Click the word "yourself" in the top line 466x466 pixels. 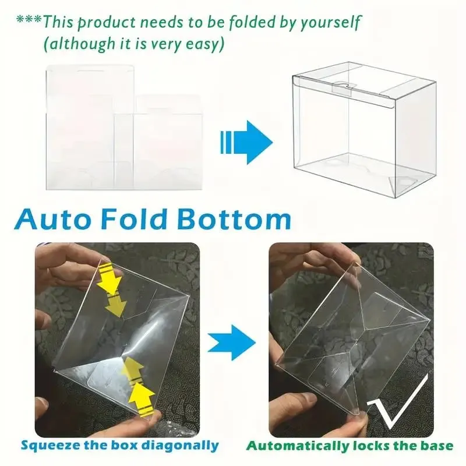coord(330,23)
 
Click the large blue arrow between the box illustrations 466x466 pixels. coord(246,142)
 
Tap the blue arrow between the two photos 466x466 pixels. coord(231,343)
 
